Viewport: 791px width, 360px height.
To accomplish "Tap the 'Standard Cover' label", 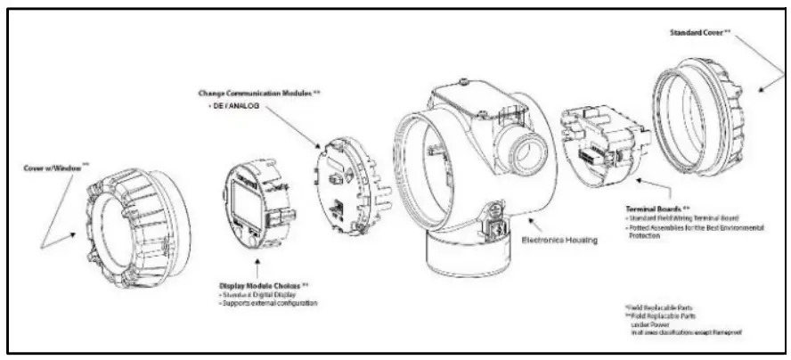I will [x=699, y=32].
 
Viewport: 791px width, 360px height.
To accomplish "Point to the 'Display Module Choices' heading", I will [x=263, y=286].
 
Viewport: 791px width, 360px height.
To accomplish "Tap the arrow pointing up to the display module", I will [x=258, y=266].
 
